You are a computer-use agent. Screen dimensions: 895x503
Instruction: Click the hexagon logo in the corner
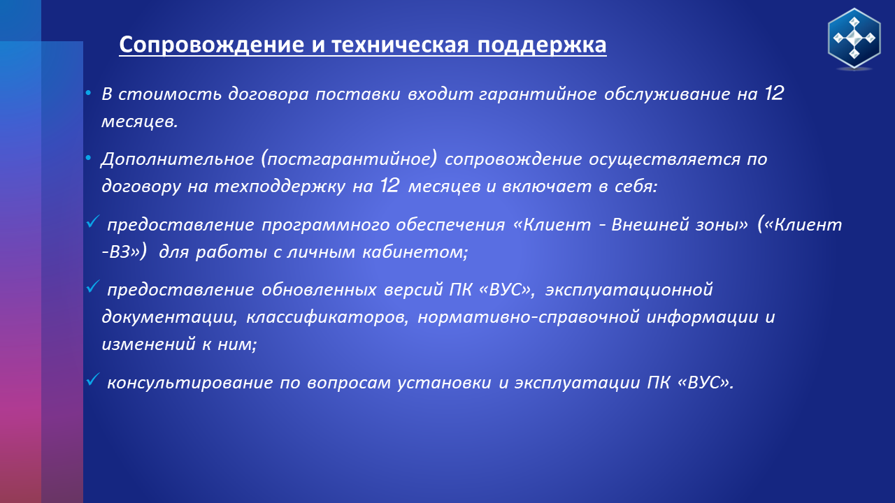point(854,39)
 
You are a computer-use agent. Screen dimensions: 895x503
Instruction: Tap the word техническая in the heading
point(400,45)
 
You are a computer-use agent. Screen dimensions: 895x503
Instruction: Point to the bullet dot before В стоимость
point(88,94)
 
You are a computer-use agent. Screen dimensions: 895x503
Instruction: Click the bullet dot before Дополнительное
point(88,159)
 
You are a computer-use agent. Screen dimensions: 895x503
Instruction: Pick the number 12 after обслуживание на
point(774,94)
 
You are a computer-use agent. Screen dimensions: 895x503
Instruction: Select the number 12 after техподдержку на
point(389,186)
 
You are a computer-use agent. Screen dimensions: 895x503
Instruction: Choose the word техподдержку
point(280,187)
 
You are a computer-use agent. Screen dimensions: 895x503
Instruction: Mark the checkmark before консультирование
point(93,379)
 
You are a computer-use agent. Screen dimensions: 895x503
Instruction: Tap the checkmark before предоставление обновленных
point(93,286)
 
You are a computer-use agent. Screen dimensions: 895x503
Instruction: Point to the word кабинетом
point(415,252)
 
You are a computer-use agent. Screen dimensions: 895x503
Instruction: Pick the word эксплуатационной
point(629,290)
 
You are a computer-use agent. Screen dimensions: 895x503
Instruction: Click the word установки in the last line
point(444,384)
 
